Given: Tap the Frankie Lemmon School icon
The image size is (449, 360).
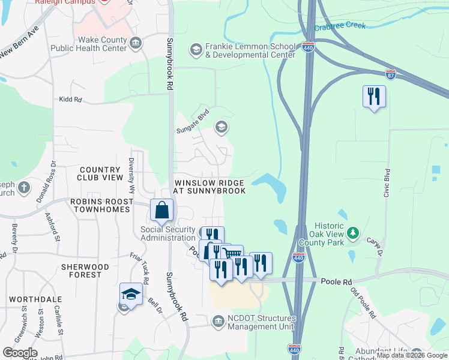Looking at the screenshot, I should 196,49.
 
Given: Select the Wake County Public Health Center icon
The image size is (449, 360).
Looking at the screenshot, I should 136,42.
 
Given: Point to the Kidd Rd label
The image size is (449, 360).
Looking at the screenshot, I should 70,100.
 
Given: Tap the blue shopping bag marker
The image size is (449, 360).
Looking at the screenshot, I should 162,210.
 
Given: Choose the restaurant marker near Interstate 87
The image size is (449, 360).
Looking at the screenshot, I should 374,96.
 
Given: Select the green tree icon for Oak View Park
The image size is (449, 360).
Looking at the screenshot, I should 354,232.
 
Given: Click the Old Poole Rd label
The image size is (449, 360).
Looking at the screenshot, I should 364,305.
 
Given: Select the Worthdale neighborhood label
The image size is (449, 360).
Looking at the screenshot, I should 24,298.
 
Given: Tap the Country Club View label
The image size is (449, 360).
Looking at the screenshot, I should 101,173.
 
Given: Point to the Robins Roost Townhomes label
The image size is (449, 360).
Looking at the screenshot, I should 100,209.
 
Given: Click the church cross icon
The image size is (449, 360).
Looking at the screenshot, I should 23,188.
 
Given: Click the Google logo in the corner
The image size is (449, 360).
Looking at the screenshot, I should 20,353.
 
